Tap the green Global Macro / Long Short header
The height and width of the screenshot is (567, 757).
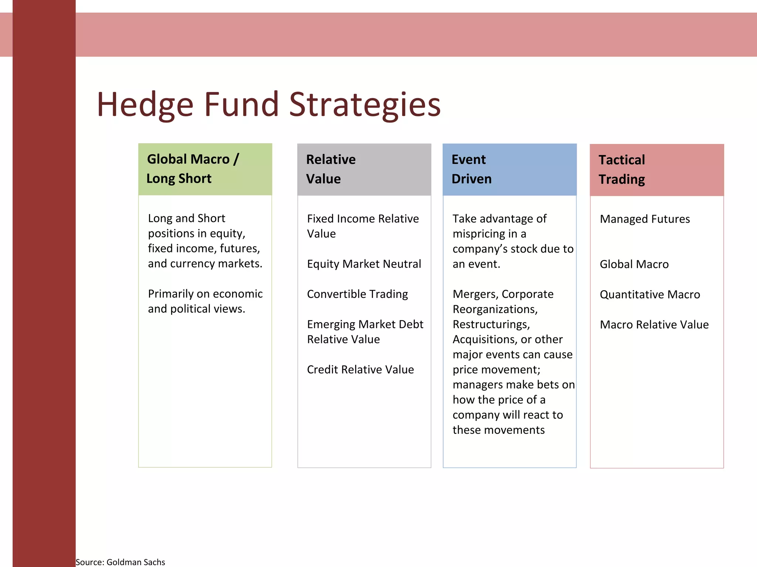(205, 169)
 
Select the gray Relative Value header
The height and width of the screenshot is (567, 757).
(364, 169)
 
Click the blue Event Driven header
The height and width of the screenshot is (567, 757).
(509, 169)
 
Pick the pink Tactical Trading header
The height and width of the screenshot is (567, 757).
(656, 170)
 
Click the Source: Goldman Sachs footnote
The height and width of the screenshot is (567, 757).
(120, 562)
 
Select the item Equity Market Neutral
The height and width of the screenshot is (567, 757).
(364, 264)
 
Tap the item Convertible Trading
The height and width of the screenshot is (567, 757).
(357, 294)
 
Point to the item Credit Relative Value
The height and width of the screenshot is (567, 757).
(360, 370)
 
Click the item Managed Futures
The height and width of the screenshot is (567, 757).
(645, 219)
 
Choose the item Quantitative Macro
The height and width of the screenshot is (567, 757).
(649, 295)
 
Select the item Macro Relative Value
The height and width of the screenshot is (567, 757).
(654, 325)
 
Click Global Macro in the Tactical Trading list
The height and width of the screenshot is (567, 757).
(634, 264)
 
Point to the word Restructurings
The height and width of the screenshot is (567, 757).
(491, 324)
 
